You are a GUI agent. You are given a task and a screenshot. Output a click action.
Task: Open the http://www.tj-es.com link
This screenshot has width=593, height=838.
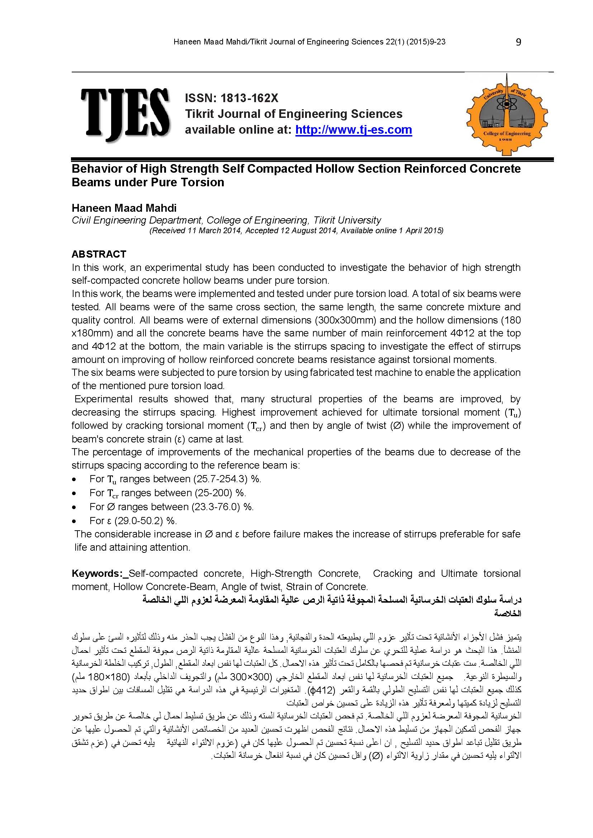[354, 130]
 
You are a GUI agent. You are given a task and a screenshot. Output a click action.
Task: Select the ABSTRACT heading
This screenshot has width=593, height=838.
[99, 254]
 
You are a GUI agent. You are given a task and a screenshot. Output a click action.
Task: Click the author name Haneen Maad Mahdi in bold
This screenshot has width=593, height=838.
[124, 208]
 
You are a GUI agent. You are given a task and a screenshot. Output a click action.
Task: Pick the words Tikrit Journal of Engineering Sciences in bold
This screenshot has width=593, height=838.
[294, 114]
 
